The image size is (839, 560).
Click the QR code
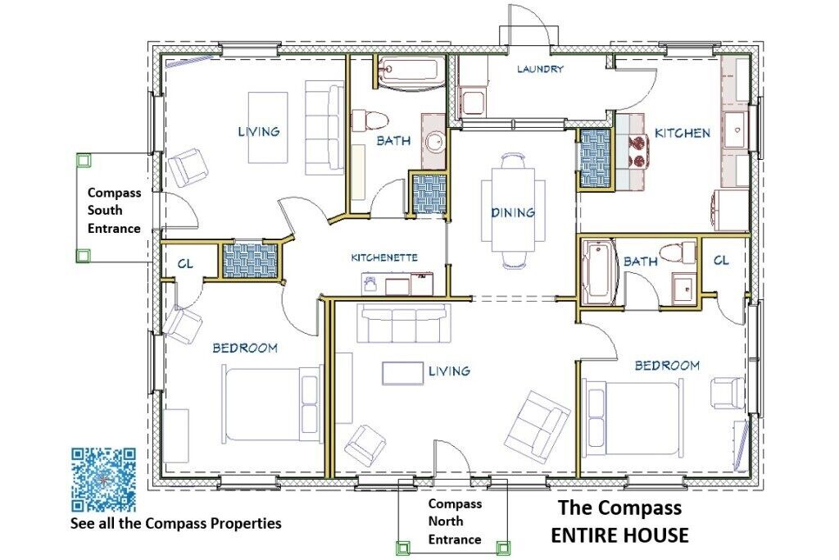pos(103,479)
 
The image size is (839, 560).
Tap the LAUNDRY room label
pos(540,69)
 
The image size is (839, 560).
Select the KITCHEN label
pos(683,133)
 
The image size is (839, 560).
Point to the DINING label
pos(513,212)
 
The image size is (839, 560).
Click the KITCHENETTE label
pos(384,257)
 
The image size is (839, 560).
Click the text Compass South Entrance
pos(114,211)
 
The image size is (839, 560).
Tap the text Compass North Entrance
pos(454,521)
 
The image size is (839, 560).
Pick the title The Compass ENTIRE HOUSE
pos(619,521)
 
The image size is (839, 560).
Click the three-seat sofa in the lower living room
pos(403,323)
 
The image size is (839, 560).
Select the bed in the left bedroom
pos(271,403)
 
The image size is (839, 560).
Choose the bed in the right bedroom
pos(633,418)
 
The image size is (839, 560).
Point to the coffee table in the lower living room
pos(402,373)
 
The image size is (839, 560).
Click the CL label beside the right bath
pos(721,260)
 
